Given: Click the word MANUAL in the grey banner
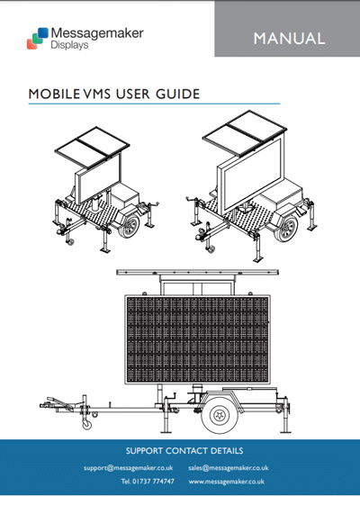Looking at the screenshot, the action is click(289, 39).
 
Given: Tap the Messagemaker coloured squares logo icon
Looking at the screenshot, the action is click(38, 39).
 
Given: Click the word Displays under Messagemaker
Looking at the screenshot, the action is click(69, 45).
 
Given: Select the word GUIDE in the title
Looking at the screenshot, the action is click(177, 95).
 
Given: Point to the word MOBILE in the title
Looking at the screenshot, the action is click(54, 95).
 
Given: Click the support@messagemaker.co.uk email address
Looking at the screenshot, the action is click(128, 468).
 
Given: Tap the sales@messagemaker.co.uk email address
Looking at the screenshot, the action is click(229, 468).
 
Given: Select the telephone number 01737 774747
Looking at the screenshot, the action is click(153, 482).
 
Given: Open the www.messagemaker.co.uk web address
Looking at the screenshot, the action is click(226, 482).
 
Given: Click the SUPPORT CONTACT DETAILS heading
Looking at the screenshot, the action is click(184, 451).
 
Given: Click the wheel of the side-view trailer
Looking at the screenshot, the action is click(219, 415).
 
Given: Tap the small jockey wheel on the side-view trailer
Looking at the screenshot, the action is click(87, 425).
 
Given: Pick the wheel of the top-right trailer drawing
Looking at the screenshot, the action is click(286, 228).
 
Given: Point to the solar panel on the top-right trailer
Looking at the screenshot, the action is click(245, 133).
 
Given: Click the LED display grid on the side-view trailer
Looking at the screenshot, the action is click(197, 339).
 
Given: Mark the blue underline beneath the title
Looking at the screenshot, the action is click(154, 104).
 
